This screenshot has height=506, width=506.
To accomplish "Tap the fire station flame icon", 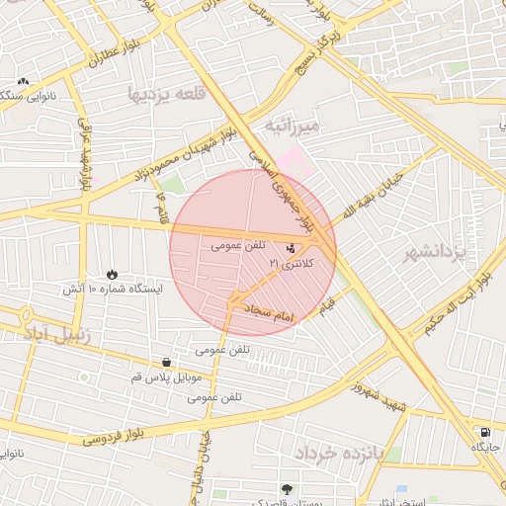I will point(111,274).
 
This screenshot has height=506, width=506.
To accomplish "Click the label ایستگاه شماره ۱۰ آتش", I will point(109,290).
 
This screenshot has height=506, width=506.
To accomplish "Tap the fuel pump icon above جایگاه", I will point(484,432).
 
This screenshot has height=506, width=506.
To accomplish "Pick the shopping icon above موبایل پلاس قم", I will point(165,363).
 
